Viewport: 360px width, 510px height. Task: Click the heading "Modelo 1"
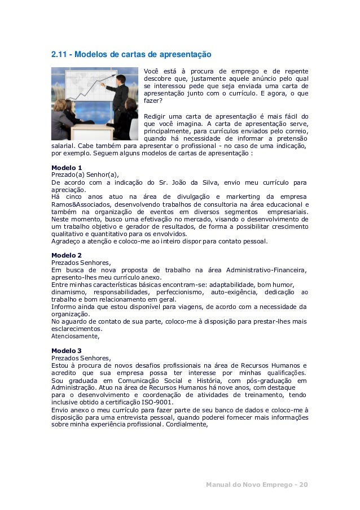tap(67, 168)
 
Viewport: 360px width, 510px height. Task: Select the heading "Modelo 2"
tap(67, 255)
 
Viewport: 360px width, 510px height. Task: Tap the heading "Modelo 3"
tap(67, 350)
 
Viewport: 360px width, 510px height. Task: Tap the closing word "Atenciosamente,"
tap(75, 336)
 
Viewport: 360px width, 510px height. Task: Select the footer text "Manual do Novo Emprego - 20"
tap(257, 485)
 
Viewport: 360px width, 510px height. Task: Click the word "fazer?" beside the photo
tap(153, 101)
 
